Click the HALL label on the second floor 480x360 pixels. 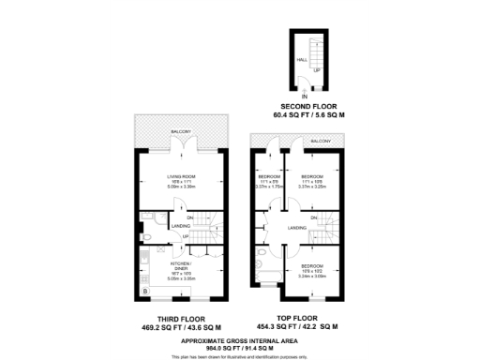pyautogui.click(x=302, y=59)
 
